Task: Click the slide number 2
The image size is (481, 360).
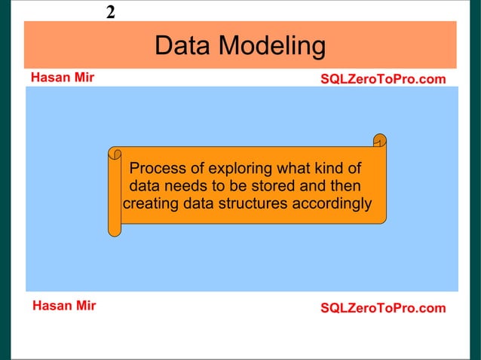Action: tap(111, 12)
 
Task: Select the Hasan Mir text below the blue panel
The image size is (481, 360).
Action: tap(63, 306)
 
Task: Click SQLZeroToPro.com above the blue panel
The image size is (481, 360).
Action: tap(383, 79)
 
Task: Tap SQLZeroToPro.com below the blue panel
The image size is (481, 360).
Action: tap(383, 308)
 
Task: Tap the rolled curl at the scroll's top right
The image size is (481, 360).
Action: tap(380, 141)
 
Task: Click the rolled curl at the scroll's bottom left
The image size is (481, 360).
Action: tap(114, 229)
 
